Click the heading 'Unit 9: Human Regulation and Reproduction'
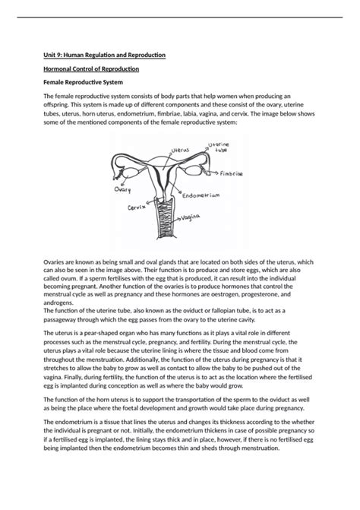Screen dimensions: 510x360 [x=105, y=55]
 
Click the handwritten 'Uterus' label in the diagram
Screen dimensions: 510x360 [x=180, y=151]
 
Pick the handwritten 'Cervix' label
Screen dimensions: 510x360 [x=137, y=207]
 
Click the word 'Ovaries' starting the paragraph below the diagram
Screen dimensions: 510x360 [x=55, y=262]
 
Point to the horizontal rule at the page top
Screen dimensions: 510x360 [x=180, y=17]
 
